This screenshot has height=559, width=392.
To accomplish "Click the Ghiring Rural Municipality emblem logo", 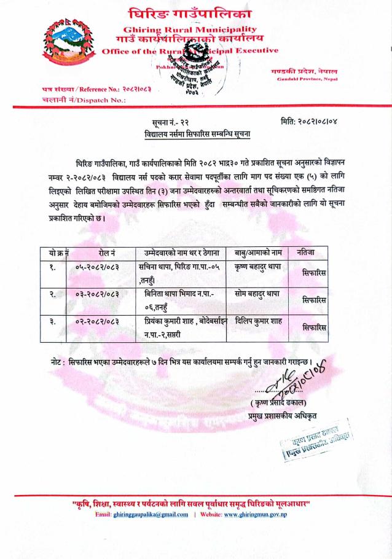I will pos(69,45).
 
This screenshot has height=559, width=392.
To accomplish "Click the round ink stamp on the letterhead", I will pos(198,68).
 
